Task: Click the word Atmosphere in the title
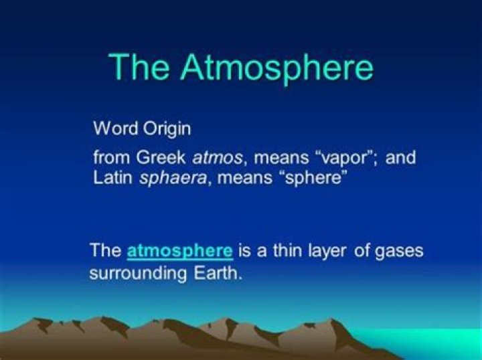click(x=277, y=68)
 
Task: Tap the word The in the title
click(x=139, y=67)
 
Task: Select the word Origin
click(x=167, y=129)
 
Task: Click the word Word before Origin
click(x=116, y=128)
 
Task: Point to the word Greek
click(x=161, y=157)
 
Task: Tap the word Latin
click(x=113, y=177)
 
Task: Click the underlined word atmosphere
click(x=180, y=251)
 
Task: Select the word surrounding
click(x=138, y=274)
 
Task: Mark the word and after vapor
click(x=400, y=157)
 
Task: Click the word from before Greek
click(x=112, y=157)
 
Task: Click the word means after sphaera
click(x=245, y=179)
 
